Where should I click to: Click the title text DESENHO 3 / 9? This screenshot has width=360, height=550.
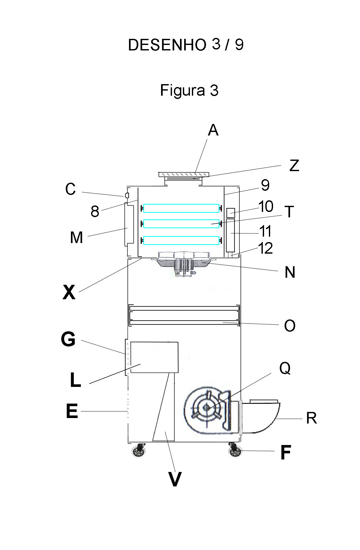(x=186, y=45)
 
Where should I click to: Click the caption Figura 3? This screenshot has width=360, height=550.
(x=189, y=90)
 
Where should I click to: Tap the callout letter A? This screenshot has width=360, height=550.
(x=213, y=130)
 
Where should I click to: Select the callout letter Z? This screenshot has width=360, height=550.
(x=294, y=166)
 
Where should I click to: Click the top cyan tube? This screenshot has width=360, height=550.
(x=181, y=208)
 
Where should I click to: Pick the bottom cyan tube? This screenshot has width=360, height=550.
(x=181, y=240)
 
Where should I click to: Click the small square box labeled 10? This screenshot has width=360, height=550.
(x=230, y=212)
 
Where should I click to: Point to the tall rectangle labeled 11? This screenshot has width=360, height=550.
(x=230, y=235)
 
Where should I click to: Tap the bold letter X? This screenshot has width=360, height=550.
(x=69, y=292)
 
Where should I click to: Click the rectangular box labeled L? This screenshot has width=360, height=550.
(x=154, y=357)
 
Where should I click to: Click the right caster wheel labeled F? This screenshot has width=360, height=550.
(x=235, y=451)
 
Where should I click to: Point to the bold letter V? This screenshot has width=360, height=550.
(x=175, y=479)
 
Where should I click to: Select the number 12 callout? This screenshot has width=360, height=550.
(x=265, y=249)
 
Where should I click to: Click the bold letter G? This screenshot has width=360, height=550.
(x=68, y=339)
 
